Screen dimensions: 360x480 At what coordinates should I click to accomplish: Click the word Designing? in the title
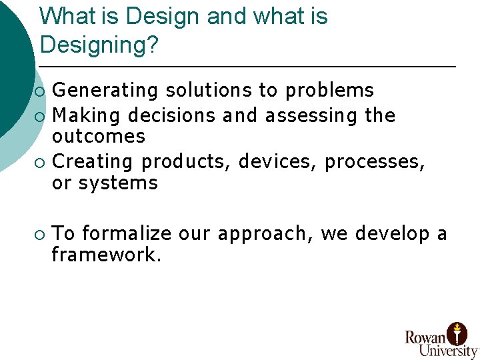[x=99, y=45]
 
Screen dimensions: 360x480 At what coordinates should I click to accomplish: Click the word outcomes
[x=98, y=136]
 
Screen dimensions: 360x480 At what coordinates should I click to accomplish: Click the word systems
[x=118, y=183]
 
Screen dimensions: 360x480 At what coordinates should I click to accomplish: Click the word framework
[x=106, y=255]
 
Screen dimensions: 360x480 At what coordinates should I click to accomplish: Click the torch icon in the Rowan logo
[x=457, y=331]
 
